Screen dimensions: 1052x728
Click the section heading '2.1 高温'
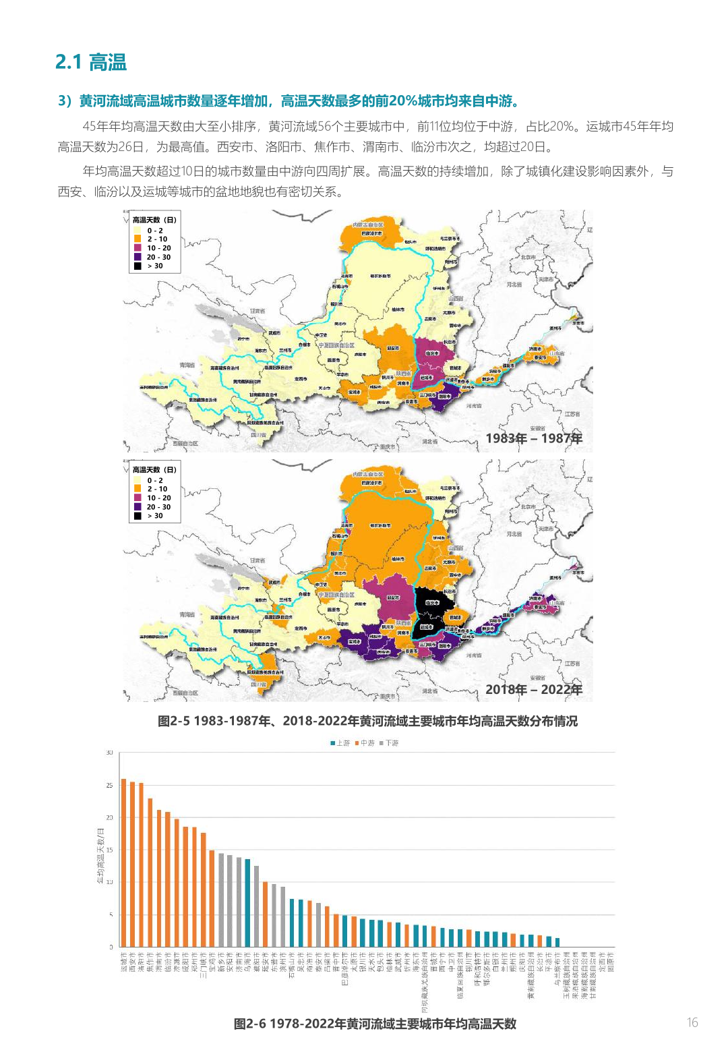[90, 62]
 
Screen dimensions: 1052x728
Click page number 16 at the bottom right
[692, 1022]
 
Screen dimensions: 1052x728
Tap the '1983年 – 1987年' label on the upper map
[534, 438]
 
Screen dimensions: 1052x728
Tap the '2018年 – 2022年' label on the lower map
[534, 689]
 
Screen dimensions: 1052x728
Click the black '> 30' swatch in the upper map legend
[138, 266]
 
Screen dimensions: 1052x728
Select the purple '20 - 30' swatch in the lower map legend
[138, 506]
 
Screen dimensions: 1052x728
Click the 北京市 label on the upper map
[528, 257]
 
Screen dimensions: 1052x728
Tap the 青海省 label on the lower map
[187, 614]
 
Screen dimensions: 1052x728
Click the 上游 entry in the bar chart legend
[340, 742]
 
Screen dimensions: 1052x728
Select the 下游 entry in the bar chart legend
[389, 742]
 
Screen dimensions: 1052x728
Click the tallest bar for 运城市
[123, 863]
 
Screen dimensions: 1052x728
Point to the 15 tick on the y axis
[109, 850]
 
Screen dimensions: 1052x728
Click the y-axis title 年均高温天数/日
[100, 856]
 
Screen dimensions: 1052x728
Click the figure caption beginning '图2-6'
[375, 1024]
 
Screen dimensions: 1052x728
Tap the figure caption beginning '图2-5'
[367, 721]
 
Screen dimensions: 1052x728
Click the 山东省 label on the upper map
[557, 353]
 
